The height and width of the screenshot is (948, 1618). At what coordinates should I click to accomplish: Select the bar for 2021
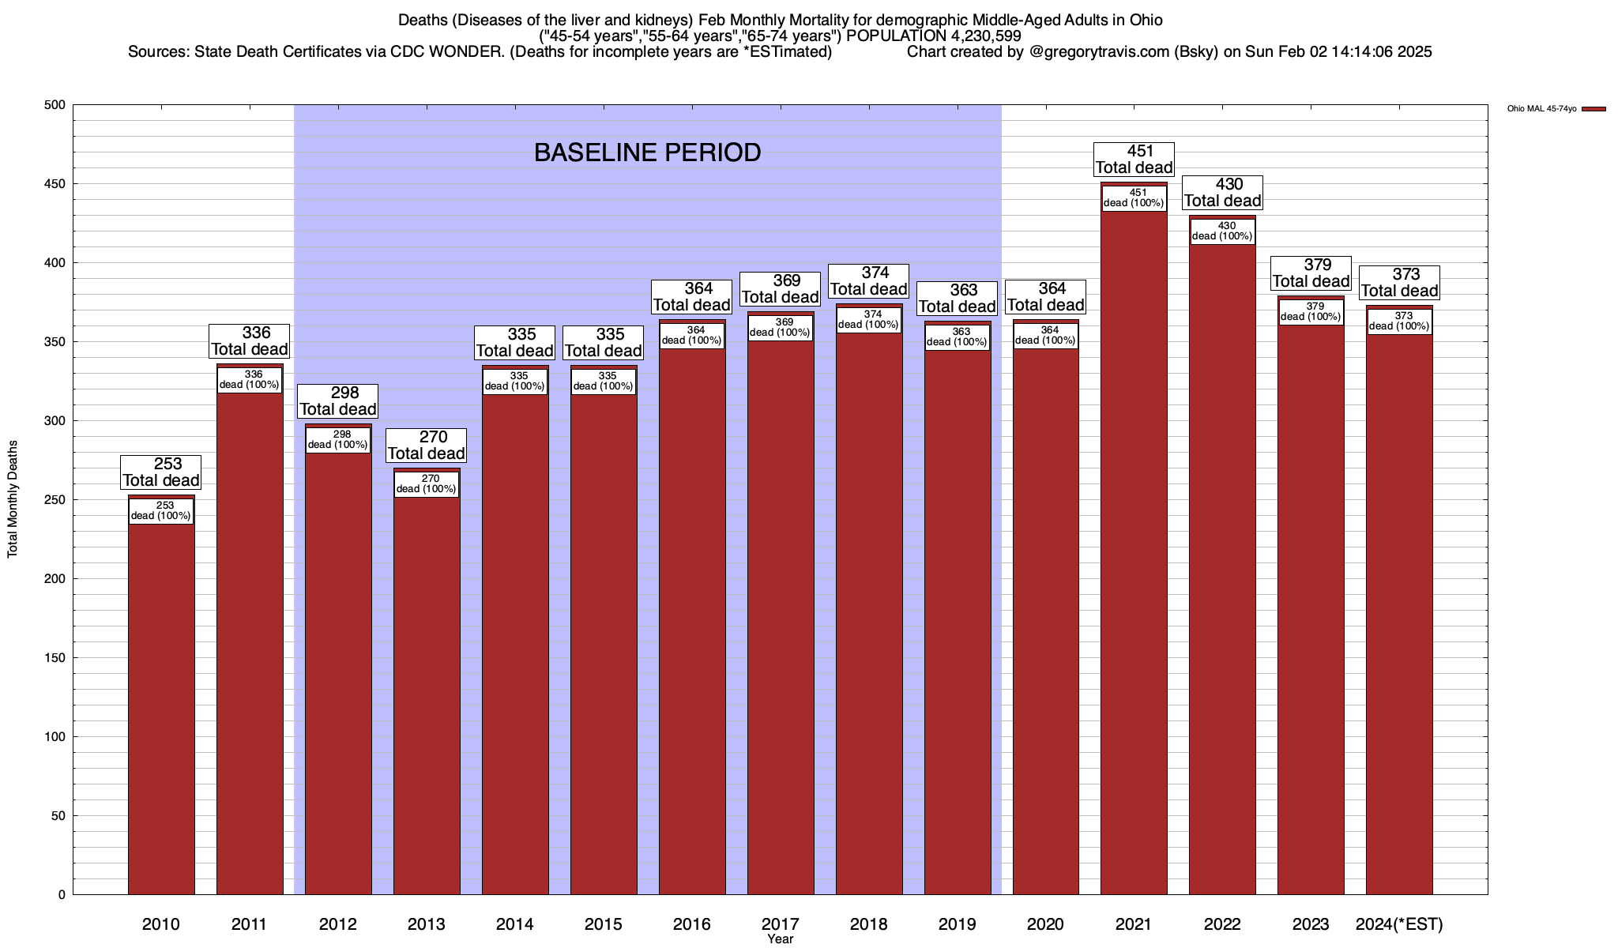[1134, 553]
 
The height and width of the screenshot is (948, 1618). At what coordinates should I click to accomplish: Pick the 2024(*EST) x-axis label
[1399, 924]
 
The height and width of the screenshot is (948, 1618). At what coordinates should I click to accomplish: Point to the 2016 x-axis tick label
[692, 924]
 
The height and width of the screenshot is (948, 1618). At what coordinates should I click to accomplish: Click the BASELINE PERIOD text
[647, 152]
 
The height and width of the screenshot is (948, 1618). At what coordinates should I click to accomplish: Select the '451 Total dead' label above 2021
[1134, 159]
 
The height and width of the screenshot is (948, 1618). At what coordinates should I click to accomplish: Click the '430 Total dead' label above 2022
[1222, 192]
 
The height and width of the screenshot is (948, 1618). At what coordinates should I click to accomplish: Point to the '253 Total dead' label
[161, 472]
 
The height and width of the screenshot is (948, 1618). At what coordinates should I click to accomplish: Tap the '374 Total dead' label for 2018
[868, 280]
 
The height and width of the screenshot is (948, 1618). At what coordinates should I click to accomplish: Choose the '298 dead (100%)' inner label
[337, 440]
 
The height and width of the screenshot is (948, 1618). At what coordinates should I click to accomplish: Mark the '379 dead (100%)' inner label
[1311, 312]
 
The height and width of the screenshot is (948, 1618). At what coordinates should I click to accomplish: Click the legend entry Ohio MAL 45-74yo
[1541, 109]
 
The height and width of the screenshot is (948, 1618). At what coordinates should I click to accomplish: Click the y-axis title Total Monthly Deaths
[13, 499]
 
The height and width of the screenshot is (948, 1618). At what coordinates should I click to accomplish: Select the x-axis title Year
[780, 939]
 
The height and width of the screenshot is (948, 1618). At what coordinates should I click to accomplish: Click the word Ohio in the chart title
[1146, 20]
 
